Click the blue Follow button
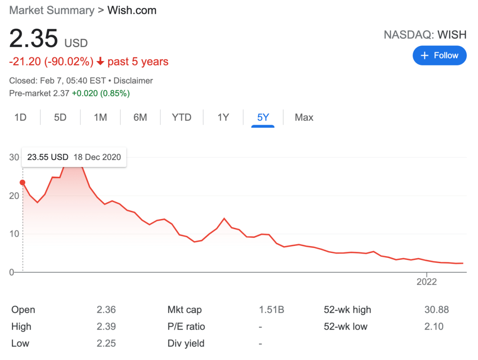click(x=439, y=55)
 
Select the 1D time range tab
click(x=20, y=117)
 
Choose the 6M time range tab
click(x=140, y=117)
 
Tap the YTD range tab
click(x=181, y=117)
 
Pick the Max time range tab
click(x=304, y=117)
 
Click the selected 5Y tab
click(x=263, y=117)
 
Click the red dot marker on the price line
click(x=23, y=182)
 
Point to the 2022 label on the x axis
click(x=427, y=282)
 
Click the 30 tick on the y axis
click(x=14, y=157)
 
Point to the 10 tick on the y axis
click(x=14, y=234)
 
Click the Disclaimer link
click(x=133, y=80)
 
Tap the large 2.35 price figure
click(x=34, y=38)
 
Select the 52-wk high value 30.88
click(x=436, y=310)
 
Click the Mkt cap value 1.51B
click(x=271, y=310)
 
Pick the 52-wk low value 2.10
click(x=434, y=326)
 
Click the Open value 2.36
click(x=106, y=310)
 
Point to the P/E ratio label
click(x=186, y=326)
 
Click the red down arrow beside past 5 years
click(x=100, y=61)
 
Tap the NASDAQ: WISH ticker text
click(x=425, y=34)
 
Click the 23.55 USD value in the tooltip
click(x=48, y=157)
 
